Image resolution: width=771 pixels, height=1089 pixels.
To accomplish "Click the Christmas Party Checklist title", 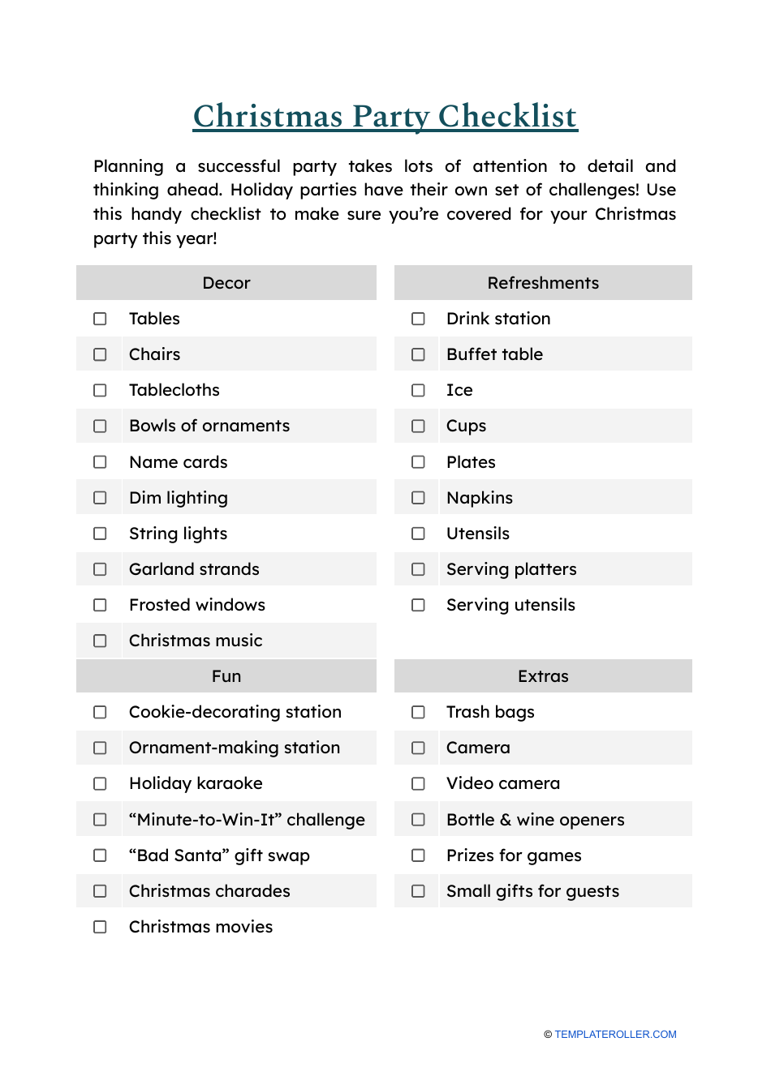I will pyautogui.click(x=385, y=116).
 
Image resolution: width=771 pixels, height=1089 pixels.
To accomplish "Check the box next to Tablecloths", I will pyautogui.click(x=100, y=390).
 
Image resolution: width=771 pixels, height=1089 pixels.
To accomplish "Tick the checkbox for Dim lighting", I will pyautogui.click(x=100, y=498).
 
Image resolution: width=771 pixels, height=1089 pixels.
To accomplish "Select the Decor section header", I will pyautogui.click(x=226, y=283).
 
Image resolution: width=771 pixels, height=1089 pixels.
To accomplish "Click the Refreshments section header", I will pyautogui.click(x=543, y=283).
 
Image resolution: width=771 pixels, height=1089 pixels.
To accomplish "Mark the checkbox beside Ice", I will pyautogui.click(x=418, y=390).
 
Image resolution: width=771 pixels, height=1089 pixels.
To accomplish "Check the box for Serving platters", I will pyautogui.click(x=418, y=569).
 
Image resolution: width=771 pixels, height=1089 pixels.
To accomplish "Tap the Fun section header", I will pyautogui.click(x=226, y=676).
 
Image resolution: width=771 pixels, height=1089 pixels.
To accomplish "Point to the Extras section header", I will pyautogui.click(x=543, y=676).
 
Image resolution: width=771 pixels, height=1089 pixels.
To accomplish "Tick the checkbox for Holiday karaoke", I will pyautogui.click(x=100, y=783).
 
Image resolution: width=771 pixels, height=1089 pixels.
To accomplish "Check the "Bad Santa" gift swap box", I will pyautogui.click(x=100, y=855).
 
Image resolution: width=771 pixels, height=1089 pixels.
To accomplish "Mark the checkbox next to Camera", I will pyautogui.click(x=418, y=748).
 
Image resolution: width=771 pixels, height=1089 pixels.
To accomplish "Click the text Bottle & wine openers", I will pyautogui.click(x=536, y=820).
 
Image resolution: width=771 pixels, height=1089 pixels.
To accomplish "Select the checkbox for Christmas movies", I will pyautogui.click(x=100, y=927).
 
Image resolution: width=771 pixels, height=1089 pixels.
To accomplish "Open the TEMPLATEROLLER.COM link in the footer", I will pyautogui.click(x=615, y=1035).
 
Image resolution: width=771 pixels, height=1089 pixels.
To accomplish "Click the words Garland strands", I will pyautogui.click(x=194, y=569).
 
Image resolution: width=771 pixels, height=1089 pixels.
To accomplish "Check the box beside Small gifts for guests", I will pyautogui.click(x=418, y=891).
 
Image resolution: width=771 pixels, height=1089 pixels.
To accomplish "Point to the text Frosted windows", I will pyautogui.click(x=197, y=605).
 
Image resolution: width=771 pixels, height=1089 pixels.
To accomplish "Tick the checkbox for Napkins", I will pyautogui.click(x=418, y=498).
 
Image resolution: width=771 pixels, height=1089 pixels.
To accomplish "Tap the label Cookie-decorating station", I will pyautogui.click(x=235, y=712).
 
